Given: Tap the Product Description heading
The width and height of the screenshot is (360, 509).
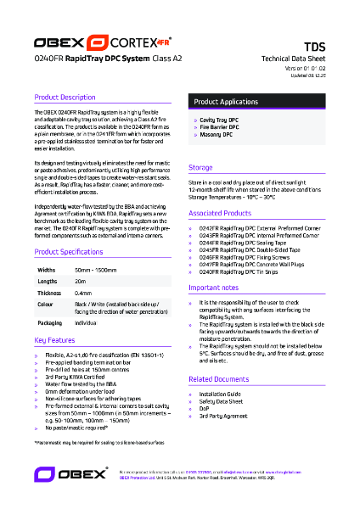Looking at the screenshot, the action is pyautogui.click(x=65, y=98).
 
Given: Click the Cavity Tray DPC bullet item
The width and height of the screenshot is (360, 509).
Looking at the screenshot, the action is pyautogui.click(x=221, y=120).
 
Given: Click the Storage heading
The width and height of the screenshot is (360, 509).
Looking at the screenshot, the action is pyautogui.click(x=200, y=168).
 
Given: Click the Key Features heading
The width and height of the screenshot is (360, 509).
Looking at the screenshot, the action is pyautogui.click(x=55, y=339).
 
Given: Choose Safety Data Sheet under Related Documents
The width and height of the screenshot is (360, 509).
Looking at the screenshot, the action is pyautogui.click(x=223, y=400).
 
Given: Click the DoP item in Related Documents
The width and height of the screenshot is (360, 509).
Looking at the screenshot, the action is pyautogui.click(x=204, y=408).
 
